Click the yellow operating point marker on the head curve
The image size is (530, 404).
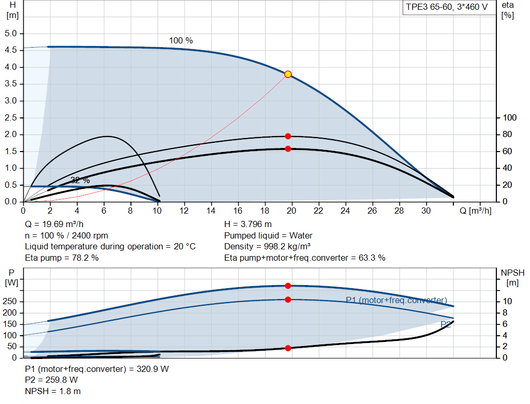tap(288, 74)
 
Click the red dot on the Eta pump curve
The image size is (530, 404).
tap(288, 136)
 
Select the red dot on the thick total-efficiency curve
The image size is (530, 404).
tap(288, 149)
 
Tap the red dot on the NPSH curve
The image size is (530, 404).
tap(288, 348)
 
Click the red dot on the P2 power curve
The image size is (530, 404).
tap(288, 300)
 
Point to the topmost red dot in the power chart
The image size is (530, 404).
tap(288, 286)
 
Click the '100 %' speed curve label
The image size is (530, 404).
tap(181, 40)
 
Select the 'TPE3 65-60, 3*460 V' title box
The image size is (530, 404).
tap(447, 8)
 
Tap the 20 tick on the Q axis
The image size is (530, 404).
tap(291, 211)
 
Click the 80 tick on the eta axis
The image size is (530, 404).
tap(510, 134)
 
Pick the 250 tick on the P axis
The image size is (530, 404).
tap(10, 302)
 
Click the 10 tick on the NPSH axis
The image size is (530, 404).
tap(508, 302)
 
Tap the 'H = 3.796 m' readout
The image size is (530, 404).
tap(247, 224)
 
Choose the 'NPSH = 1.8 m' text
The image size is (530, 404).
tap(53, 391)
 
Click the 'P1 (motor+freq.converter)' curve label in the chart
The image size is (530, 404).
tap(396, 300)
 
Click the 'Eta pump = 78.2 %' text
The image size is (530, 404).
tap(62, 258)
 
